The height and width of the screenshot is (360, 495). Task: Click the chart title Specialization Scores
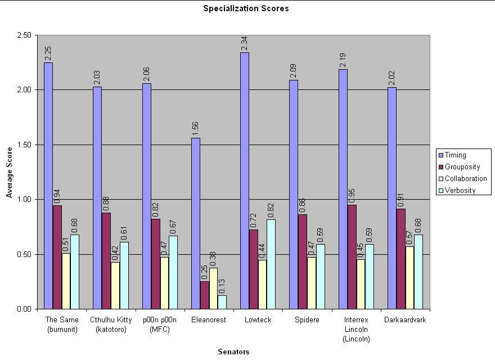[246, 8]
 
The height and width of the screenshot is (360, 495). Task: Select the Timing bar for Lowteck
[245, 181]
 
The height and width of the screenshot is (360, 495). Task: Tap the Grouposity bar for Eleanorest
[205, 295]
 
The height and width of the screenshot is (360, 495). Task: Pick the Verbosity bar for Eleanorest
[222, 302]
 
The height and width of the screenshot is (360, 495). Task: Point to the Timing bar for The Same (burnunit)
[48, 186]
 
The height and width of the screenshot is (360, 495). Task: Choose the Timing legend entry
[455, 155]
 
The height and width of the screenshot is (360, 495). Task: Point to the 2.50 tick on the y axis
[24, 35]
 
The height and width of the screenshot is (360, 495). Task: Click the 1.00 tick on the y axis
[24, 200]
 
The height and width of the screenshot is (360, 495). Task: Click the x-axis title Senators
[233, 352]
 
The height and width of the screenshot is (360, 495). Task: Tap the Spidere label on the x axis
[307, 320]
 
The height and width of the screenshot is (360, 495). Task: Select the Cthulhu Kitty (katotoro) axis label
[111, 325]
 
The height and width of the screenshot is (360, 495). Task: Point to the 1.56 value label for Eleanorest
[196, 129]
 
